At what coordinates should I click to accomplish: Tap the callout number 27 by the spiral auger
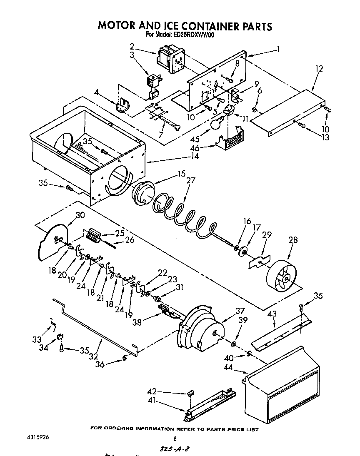click(190, 181)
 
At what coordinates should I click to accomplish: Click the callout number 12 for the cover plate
click(319, 69)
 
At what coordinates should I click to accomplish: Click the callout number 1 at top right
click(277, 49)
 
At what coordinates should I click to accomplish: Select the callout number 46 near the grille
click(195, 147)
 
